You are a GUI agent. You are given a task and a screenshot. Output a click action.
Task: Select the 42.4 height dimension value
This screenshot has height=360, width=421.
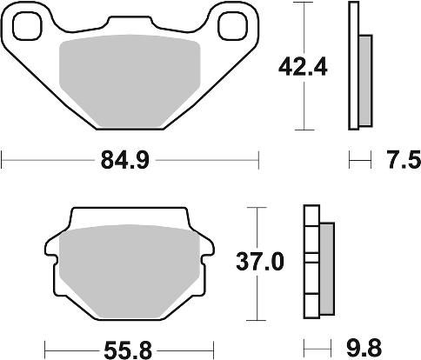(x=301, y=65)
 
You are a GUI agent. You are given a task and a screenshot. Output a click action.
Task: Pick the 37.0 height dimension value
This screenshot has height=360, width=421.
(x=264, y=263)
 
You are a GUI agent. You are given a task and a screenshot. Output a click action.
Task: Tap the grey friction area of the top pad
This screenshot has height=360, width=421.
(x=130, y=78)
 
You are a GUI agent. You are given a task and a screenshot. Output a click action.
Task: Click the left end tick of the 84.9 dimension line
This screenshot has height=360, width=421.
(x=3, y=159)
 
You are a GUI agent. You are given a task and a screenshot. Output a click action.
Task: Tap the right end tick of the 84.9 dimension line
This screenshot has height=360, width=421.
(x=258, y=159)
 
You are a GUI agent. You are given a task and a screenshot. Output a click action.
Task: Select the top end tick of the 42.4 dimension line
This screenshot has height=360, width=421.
(x=301, y=3)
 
